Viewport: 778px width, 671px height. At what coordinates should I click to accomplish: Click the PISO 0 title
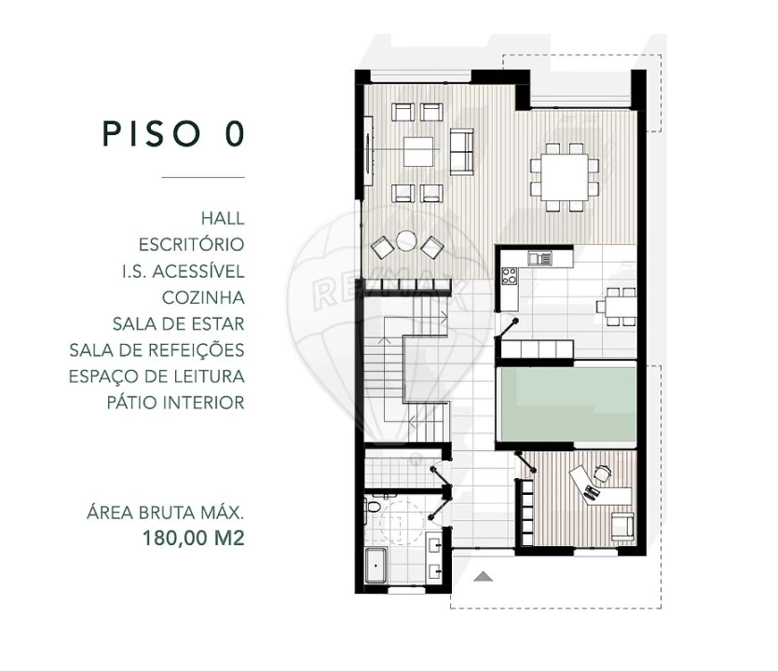pyautogui.click(x=173, y=133)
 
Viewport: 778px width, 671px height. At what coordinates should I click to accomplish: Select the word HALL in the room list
pyautogui.click(x=222, y=218)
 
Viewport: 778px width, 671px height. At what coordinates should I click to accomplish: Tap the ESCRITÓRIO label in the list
pyautogui.click(x=191, y=245)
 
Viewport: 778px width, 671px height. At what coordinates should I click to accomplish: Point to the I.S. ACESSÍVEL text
pyautogui.click(x=183, y=271)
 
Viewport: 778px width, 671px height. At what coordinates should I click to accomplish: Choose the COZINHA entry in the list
pyautogui.click(x=203, y=298)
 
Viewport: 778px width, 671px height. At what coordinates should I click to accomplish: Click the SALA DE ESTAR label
pyautogui.click(x=178, y=324)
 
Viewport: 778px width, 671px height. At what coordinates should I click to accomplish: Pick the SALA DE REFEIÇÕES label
pyautogui.click(x=157, y=350)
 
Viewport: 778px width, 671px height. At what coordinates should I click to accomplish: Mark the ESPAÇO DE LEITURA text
pyautogui.click(x=157, y=377)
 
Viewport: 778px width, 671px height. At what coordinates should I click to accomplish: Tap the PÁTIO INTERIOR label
pyautogui.click(x=175, y=404)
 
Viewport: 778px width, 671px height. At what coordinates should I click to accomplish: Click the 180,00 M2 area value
pyautogui.click(x=193, y=538)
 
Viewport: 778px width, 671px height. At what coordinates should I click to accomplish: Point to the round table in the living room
pyautogui.click(x=405, y=240)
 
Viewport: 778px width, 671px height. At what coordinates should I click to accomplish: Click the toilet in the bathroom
pyautogui.click(x=374, y=508)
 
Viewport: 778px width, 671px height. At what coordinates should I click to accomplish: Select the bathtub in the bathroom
pyautogui.click(x=375, y=567)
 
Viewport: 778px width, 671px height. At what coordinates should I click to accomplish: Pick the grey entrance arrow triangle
pyautogui.click(x=482, y=577)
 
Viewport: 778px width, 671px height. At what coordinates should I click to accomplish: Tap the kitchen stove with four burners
pyautogui.click(x=510, y=276)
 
